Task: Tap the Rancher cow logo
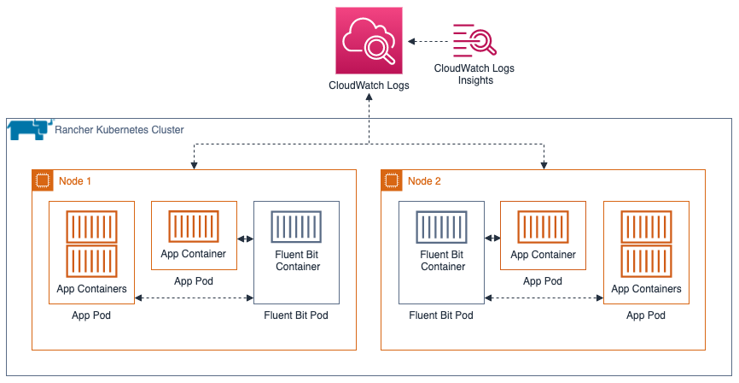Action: [27, 130]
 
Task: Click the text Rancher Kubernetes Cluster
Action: [119, 130]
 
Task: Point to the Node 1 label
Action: [75, 181]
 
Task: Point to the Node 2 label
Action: [425, 181]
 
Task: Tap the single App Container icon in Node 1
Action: [194, 227]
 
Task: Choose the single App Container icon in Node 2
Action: [543, 227]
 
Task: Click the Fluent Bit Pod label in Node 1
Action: [296, 315]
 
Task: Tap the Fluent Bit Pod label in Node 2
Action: [441, 315]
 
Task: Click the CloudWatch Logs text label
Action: [369, 85]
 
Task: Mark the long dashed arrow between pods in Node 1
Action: [194, 298]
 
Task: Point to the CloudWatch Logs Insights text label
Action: [474, 74]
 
